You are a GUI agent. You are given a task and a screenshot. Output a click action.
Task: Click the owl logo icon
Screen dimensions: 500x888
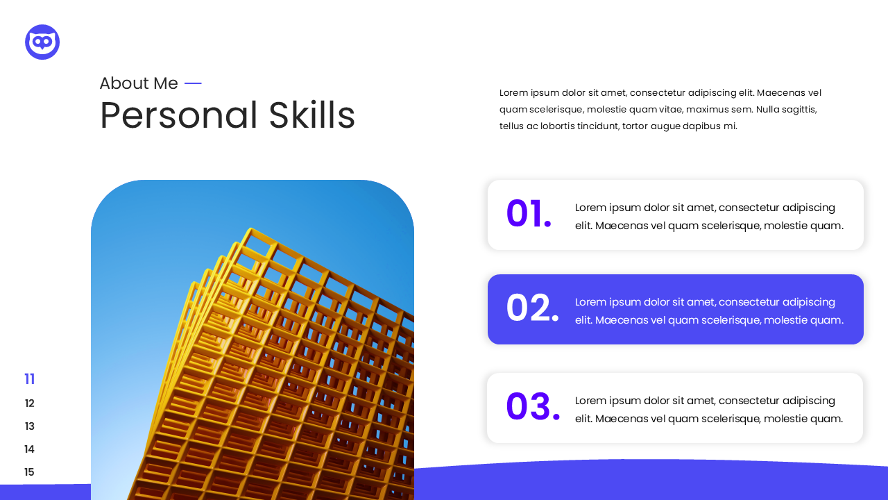point(42,42)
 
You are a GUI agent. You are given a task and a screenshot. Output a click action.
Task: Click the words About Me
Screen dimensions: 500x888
point(138,83)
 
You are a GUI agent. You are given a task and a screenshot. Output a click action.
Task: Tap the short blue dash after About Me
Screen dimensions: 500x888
point(193,83)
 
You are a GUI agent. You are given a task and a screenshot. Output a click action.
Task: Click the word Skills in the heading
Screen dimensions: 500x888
point(311,115)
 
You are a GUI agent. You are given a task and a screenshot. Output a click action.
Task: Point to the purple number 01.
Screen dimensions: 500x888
point(529,215)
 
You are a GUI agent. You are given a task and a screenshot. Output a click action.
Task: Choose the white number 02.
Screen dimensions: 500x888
point(532,309)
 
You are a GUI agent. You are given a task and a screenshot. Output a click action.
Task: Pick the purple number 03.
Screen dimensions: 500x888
point(532,408)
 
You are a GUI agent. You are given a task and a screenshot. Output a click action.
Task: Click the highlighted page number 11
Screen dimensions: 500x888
point(30,379)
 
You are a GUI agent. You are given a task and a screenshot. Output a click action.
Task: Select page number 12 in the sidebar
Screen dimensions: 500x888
point(30,403)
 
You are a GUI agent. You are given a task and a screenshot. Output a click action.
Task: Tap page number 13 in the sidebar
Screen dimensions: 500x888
point(30,426)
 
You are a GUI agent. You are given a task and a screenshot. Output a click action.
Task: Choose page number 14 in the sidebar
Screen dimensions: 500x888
point(30,449)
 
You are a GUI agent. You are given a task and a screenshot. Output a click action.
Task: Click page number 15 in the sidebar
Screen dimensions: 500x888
point(30,472)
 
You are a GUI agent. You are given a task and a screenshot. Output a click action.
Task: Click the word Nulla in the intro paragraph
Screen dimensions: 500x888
point(769,110)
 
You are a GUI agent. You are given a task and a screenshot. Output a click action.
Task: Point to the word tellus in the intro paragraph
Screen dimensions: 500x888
point(512,126)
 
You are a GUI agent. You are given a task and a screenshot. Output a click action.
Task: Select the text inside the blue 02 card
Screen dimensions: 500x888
point(709,311)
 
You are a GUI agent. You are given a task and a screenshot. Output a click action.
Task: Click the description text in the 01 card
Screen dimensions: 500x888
point(709,217)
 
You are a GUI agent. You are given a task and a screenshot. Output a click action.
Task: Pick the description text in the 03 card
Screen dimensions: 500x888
point(709,410)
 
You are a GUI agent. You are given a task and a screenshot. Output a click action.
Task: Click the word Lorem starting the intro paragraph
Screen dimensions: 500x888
point(513,93)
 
